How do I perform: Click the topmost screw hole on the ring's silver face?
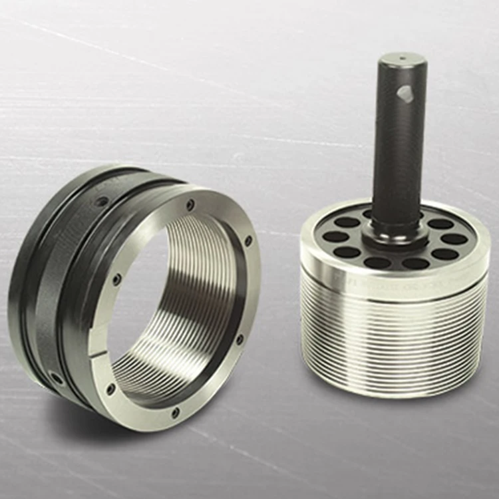point(191,205)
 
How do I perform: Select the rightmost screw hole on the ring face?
point(248,240)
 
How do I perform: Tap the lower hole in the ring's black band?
point(57,378)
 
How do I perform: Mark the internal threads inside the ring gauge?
point(200,299)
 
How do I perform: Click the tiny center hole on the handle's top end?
point(402,59)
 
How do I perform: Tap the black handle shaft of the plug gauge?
point(398,153)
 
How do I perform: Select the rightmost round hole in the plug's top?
point(454,239)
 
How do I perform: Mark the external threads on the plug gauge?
point(393,339)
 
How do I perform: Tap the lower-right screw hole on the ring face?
point(240,340)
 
